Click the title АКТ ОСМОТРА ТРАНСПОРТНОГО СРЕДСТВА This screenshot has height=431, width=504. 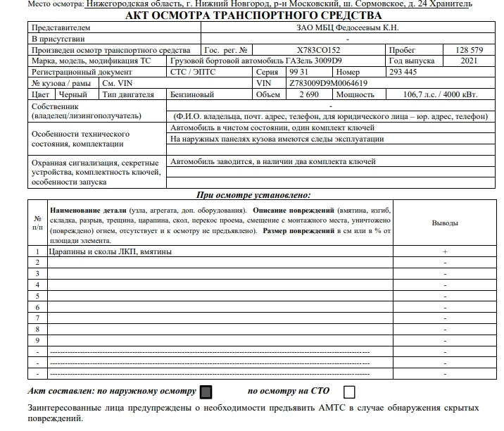point(252,15)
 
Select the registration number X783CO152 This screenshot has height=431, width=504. point(317,51)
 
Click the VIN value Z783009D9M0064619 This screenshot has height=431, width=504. point(328,83)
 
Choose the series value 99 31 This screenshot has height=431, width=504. point(299,72)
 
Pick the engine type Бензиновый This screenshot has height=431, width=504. point(192,94)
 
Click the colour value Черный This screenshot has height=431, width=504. point(73,94)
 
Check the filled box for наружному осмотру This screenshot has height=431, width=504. point(206,392)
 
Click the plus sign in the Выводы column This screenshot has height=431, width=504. point(445,251)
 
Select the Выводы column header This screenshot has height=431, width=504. point(445,223)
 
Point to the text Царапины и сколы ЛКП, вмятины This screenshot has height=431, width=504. point(110,251)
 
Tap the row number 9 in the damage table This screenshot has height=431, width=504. point(37,339)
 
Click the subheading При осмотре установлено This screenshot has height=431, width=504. point(253,195)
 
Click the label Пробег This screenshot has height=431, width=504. point(402,51)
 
